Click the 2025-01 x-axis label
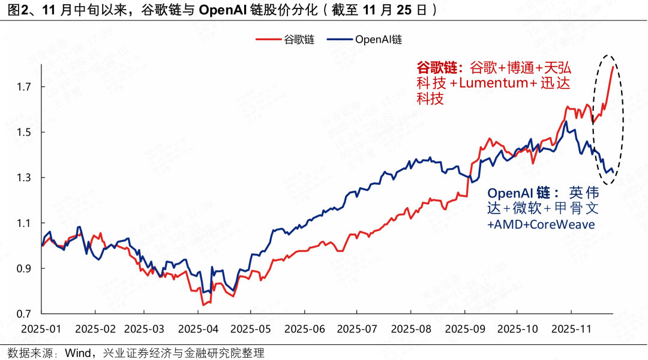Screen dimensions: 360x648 point(41,329)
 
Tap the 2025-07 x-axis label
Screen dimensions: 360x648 point(358,329)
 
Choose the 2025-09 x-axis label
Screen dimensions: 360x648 point(465,329)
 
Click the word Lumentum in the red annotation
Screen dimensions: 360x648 point(494,83)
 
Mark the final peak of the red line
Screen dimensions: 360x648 point(613,67)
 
